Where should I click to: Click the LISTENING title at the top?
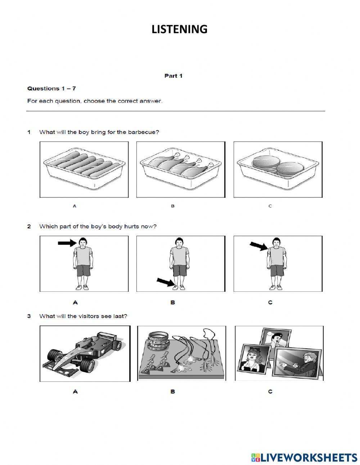pyautogui.click(x=179, y=29)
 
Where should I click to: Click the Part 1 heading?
pyautogui.click(x=173, y=76)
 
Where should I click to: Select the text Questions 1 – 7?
pyautogui.click(x=51, y=89)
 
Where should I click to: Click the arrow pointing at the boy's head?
pyautogui.click(x=67, y=243)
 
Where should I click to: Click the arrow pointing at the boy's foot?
pyautogui.click(x=165, y=282)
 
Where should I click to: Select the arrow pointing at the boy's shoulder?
pyautogui.click(x=258, y=246)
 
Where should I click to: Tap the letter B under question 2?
pyautogui.click(x=172, y=303)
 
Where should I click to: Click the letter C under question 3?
pyautogui.click(x=270, y=392)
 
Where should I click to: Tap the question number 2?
pyautogui.click(x=29, y=227)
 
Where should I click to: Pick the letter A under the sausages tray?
pyautogui.click(x=75, y=206)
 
